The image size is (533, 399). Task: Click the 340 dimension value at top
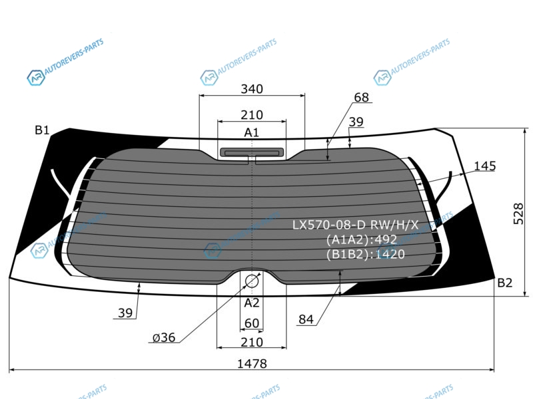[x=252, y=89]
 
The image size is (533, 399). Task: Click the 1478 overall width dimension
[x=252, y=364]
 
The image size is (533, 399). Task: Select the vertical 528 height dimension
[x=518, y=213]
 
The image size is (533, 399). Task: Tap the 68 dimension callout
[x=361, y=97]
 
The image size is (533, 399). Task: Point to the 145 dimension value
[x=485, y=166]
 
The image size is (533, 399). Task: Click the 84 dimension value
[x=306, y=319]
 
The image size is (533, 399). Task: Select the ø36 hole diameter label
[x=164, y=338]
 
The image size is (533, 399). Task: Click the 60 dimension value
[x=252, y=323]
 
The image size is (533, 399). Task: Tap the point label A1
[x=252, y=132]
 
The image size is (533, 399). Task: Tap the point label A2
[x=252, y=303]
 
